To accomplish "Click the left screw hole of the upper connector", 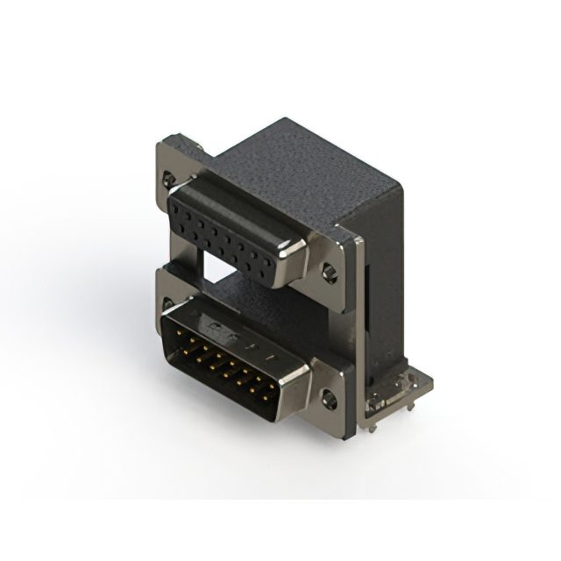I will pos(168,180).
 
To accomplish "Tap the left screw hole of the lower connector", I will pos(167,304).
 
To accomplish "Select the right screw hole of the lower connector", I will pos(329,400).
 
